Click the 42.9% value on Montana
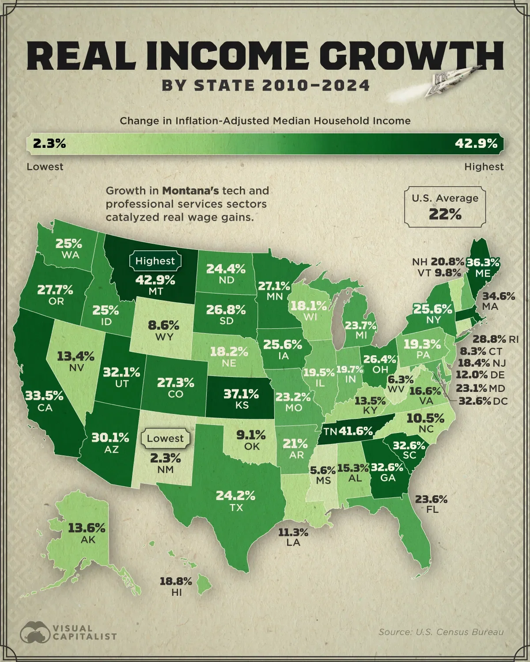pyautogui.click(x=155, y=280)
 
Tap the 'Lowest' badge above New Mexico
pyautogui.click(x=165, y=439)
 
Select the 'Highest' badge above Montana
pyautogui.click(x=155, y=261)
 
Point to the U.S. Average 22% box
pyautogui.click(x=445, y=207)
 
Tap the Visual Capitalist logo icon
pyautogui.click(x=35, y=633)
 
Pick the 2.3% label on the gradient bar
pyautogui.click(x=49, y=143)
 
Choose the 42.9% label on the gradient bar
pyautogui.click(x=476, y=143)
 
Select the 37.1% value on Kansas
pyautogui.click(x=241, y=393)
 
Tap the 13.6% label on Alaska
pyautogui.click(x=87, y=528)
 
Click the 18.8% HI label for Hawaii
pyautogui.click(x=176, y=587)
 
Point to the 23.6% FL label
pyautogui.click(x=431, y=504)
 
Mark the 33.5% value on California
pyautogui.click(x=44, y=396)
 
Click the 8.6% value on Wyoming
pyautogui.click(x=163, y=326)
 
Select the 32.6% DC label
pyautogui.click(x=482, y=401)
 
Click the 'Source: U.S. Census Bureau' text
pyautogui.click(x=441, y=632)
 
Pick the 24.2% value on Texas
pyautogui.click(x=235, y=496)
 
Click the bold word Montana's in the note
pyautogui.click(x=190, y=191)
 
